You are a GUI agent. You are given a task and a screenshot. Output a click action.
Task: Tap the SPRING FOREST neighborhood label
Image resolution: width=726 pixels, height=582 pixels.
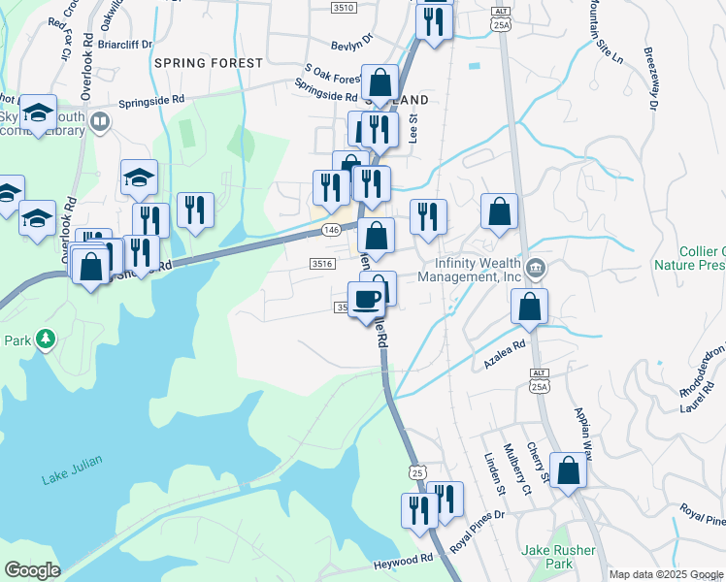pyautogui.click(x=208, y=63)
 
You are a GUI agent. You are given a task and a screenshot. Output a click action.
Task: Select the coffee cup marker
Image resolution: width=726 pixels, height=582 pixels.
pyautogui.click(x=366, y=300)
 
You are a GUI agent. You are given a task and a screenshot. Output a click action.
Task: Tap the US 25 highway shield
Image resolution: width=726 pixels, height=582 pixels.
pyautogui.click(x=416, y=472)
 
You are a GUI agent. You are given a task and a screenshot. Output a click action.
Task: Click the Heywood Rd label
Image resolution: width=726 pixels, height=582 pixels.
pyautogui.click(x=403, y=561)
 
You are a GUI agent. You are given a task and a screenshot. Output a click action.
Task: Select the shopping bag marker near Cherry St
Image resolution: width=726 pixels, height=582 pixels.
pyautogui.click(x=569, y=470)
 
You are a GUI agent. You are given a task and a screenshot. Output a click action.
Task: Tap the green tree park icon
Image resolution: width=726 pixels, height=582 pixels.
pyautogui.click(x=44, y=339)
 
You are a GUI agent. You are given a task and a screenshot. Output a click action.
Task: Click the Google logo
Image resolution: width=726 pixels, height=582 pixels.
pyautogui.click(x=32, y=570)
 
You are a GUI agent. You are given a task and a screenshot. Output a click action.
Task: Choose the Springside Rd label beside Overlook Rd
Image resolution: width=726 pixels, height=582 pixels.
pyautogui.click(x=151, y=100)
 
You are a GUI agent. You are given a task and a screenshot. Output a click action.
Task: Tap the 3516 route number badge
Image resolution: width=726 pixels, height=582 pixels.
pyautogui.click(x=322, y=264)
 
